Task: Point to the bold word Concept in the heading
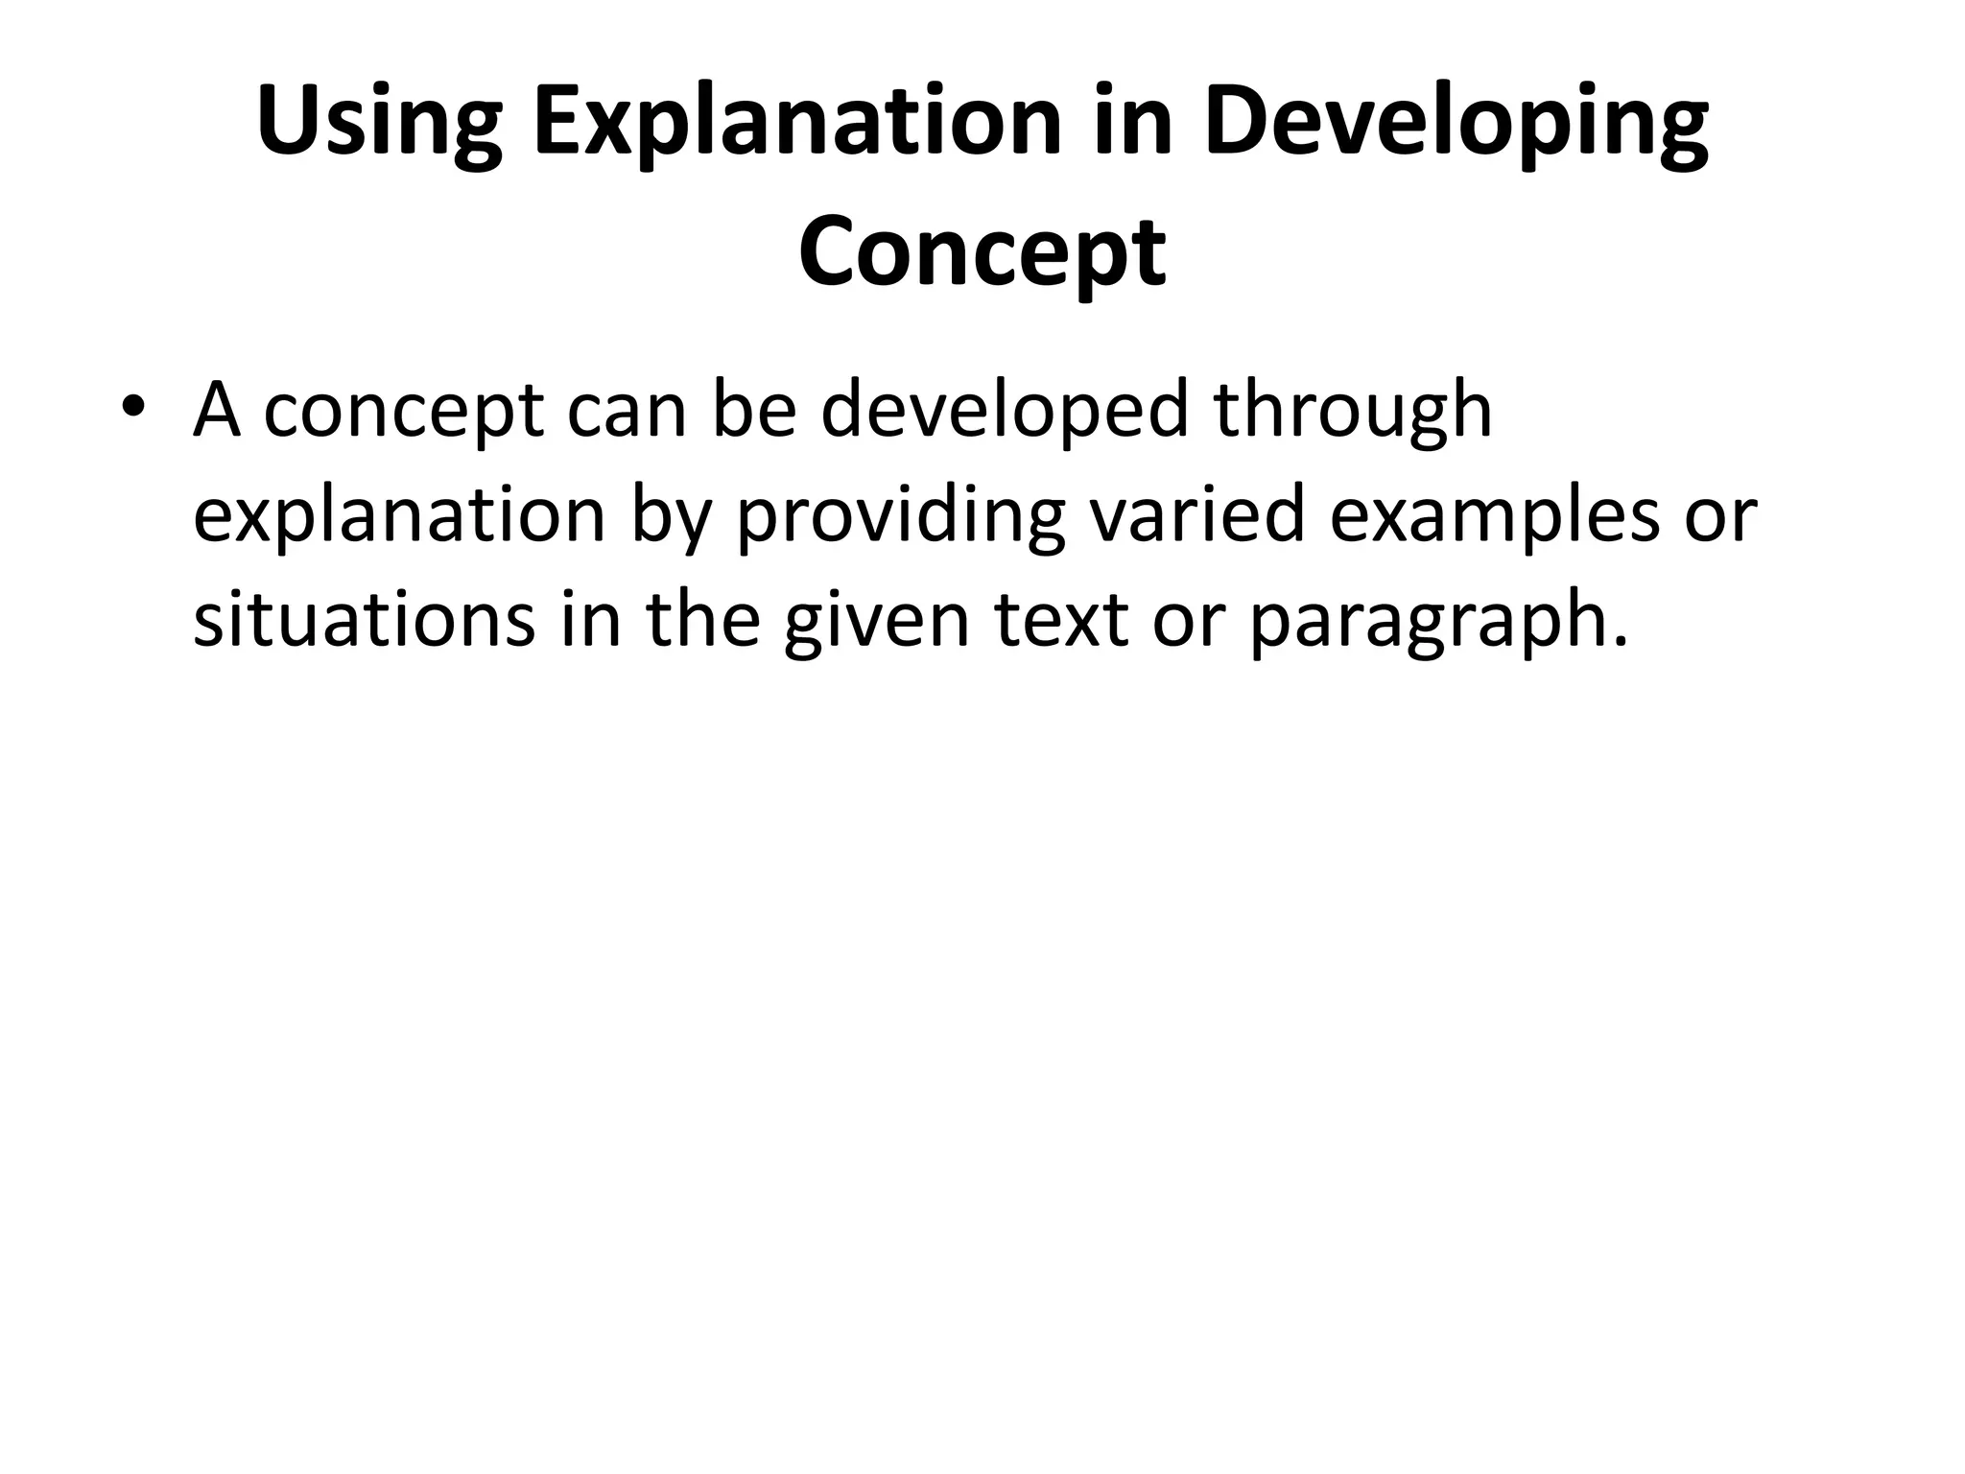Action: tap(982, 253)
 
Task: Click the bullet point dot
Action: tap(133, 410)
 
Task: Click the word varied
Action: tap(1196, 514)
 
